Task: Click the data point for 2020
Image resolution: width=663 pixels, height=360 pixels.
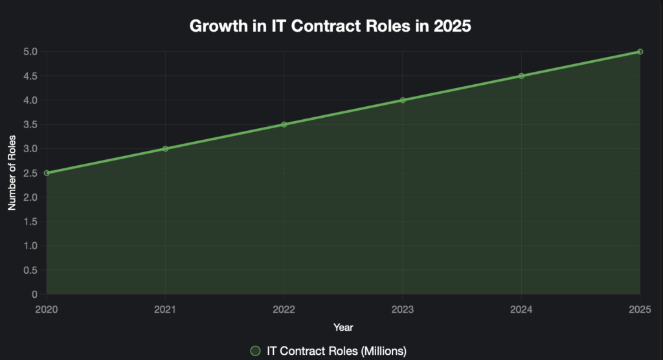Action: (x=47, y=173)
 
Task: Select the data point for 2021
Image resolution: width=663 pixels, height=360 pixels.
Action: (x=165, y=149)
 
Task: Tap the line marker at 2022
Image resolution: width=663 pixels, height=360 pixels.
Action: (x=284, y=124)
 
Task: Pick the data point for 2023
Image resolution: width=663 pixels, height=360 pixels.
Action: (x=403, y=100)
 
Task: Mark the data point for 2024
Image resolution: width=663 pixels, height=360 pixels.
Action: (x=521, y=76)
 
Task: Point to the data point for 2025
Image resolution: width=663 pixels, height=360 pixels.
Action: (x=640, y=52)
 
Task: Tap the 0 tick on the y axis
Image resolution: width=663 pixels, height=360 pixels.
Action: (x=34, y=295)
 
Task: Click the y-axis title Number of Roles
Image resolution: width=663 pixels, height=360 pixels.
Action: (x=12, y=173)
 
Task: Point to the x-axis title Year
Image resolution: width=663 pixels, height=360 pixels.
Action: (x=343, y=327)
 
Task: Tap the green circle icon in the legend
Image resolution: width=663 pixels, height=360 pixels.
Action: (x=256, y=351)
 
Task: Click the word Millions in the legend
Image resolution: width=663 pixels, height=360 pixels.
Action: (x=381, y=351)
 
